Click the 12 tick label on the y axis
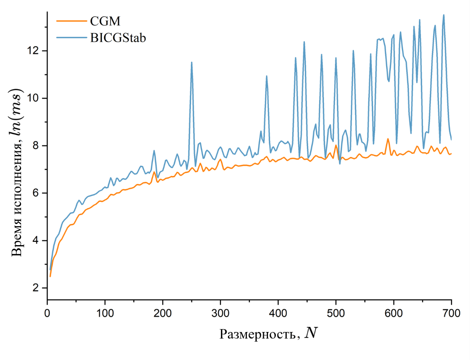(35, 51)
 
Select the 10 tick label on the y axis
(35, 98)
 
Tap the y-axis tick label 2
(38, 288)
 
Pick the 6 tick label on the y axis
(38, 193)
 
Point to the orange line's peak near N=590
(388, 139)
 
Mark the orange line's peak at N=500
(336, 145)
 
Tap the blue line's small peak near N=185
(154, 151)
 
